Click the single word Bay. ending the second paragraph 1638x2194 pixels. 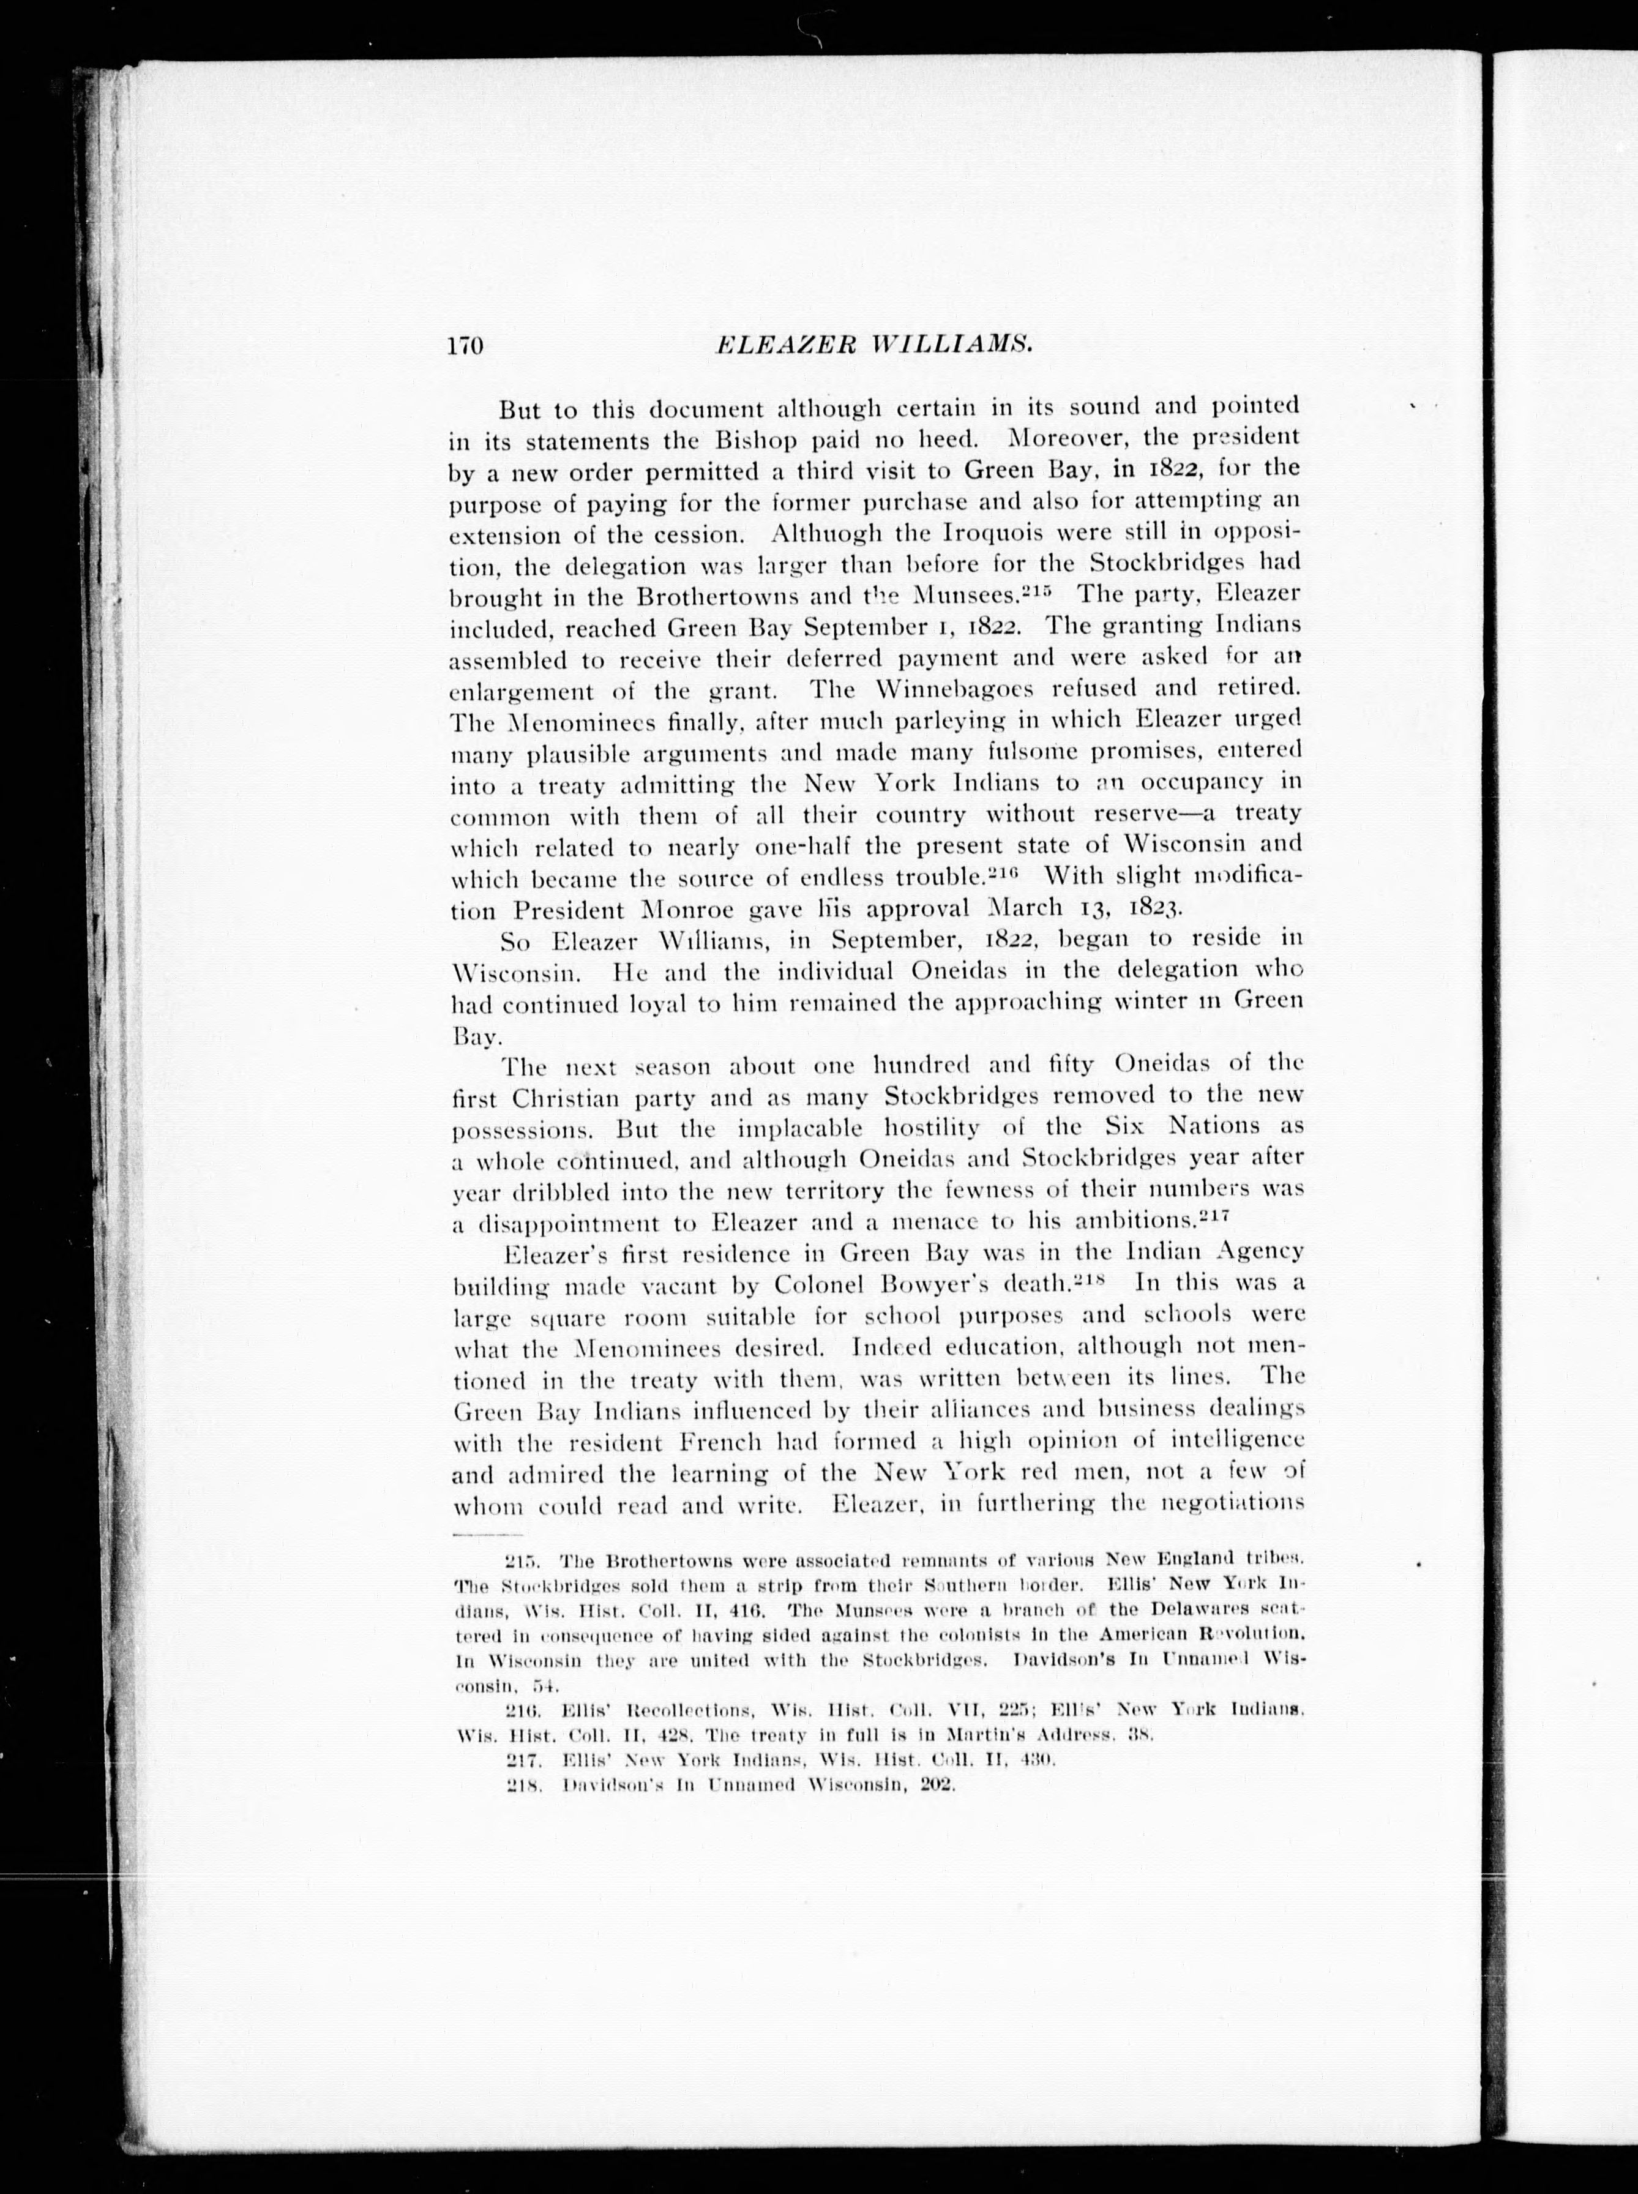click(474, 1036)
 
